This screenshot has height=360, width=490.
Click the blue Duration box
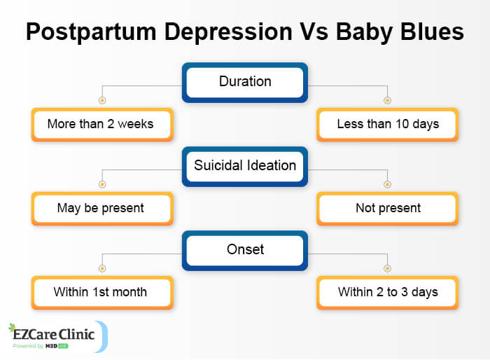[245, 82]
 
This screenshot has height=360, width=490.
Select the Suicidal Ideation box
[245, 167]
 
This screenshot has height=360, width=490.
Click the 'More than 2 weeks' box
[101, 125]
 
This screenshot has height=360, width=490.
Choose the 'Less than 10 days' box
[388, 125]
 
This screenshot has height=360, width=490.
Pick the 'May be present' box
[101, 208]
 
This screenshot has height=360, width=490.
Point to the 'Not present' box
[388, 208]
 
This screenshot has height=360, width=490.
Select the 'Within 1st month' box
[101, 292]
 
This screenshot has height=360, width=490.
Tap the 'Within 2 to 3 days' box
[388, 292]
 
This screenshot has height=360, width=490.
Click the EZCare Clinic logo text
[59, 334]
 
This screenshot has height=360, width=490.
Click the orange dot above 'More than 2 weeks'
[102, 100]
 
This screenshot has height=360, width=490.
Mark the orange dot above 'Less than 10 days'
[387, 100]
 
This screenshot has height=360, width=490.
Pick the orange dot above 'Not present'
[387, 184]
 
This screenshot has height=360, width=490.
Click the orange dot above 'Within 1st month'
[102, 268]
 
